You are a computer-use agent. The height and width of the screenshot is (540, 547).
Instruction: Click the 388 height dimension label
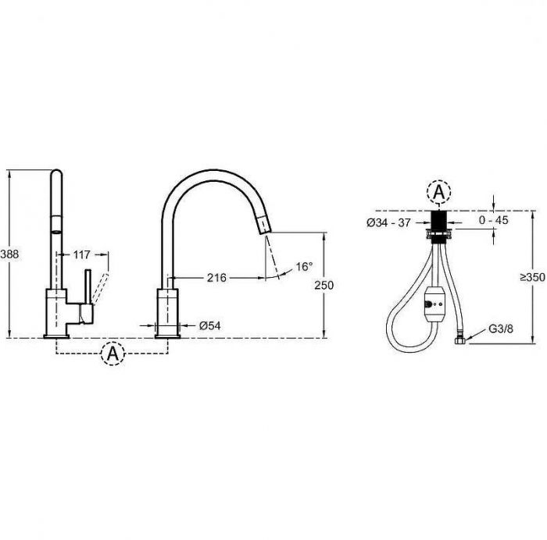coord(9,254)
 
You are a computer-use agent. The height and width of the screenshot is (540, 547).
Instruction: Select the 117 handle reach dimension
coord(81,254)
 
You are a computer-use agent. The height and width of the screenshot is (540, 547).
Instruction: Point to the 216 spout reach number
coord(216,278)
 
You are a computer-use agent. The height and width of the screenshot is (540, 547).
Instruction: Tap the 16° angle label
coord(304,267)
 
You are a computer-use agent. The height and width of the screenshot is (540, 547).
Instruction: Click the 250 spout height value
coord(324,285)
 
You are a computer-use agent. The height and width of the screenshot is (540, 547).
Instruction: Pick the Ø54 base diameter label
coord(210,325)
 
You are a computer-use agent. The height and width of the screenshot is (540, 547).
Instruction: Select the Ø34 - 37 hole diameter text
coord(388,222)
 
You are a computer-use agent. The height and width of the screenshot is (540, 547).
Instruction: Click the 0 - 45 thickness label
coord(494,220)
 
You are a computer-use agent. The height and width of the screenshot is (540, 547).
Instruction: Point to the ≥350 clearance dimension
coord(533,277)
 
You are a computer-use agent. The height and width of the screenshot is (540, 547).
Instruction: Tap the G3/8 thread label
coord(501,329)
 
